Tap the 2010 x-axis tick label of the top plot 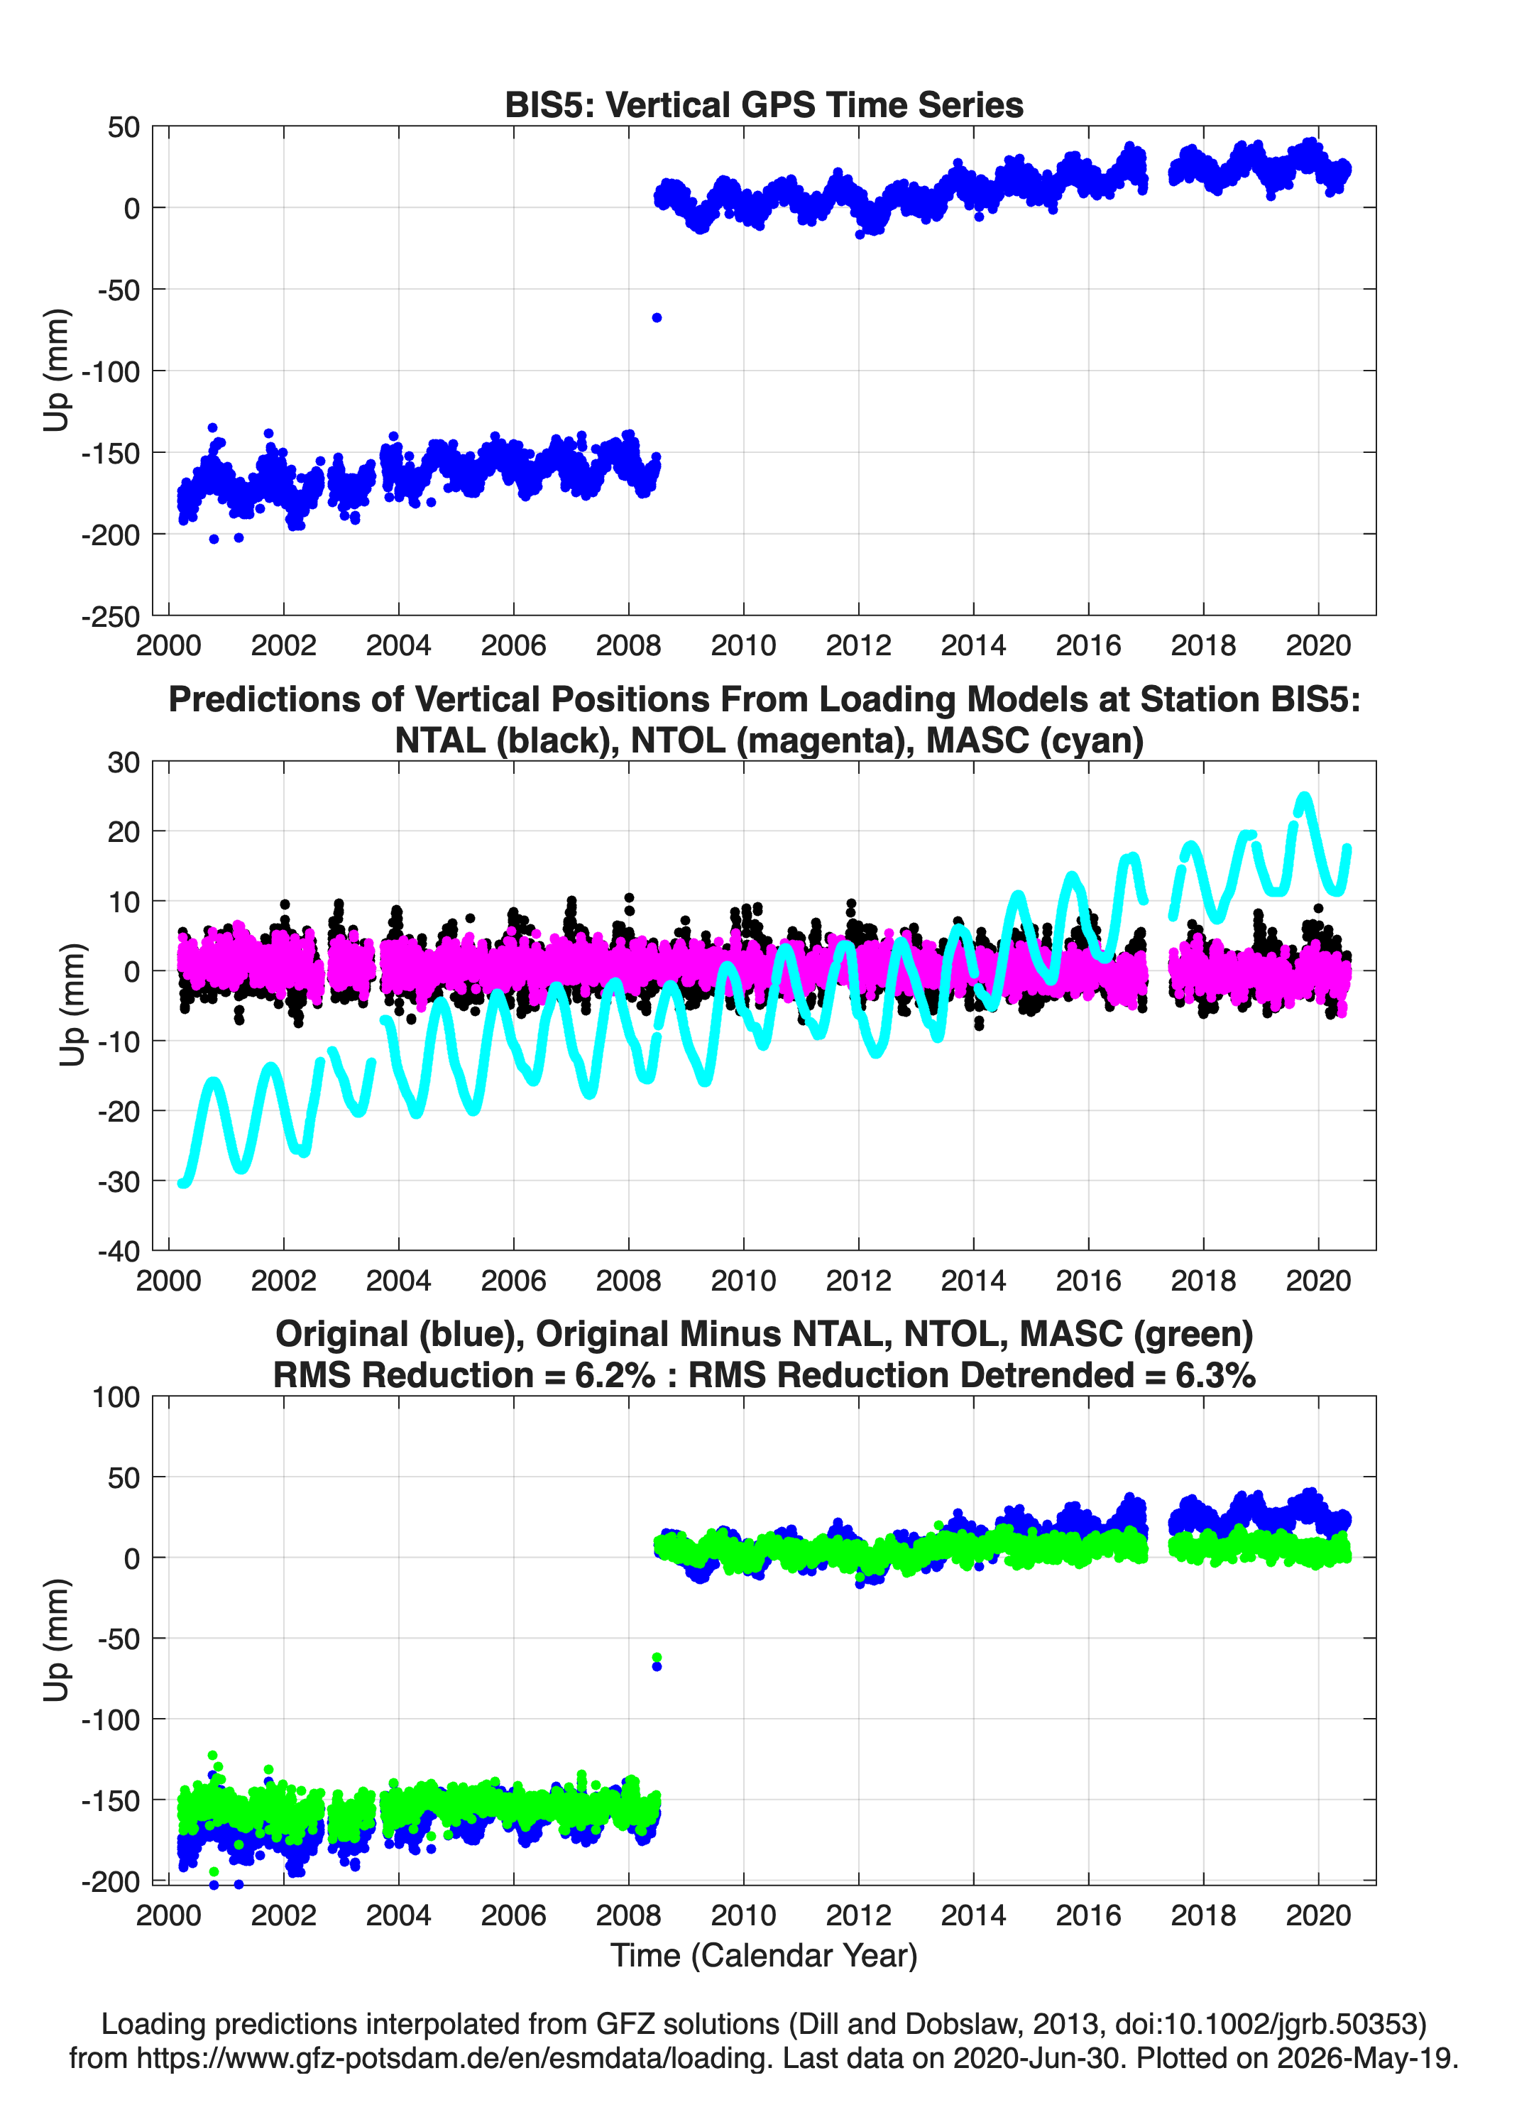point(743,645)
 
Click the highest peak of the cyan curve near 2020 point(1304,798)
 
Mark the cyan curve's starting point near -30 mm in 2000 point(182,1183)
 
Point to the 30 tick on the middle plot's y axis point(124,762)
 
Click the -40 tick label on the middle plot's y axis point(119,1252)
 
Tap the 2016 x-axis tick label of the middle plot point(1088,1281)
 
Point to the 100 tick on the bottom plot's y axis point(116,1397)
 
